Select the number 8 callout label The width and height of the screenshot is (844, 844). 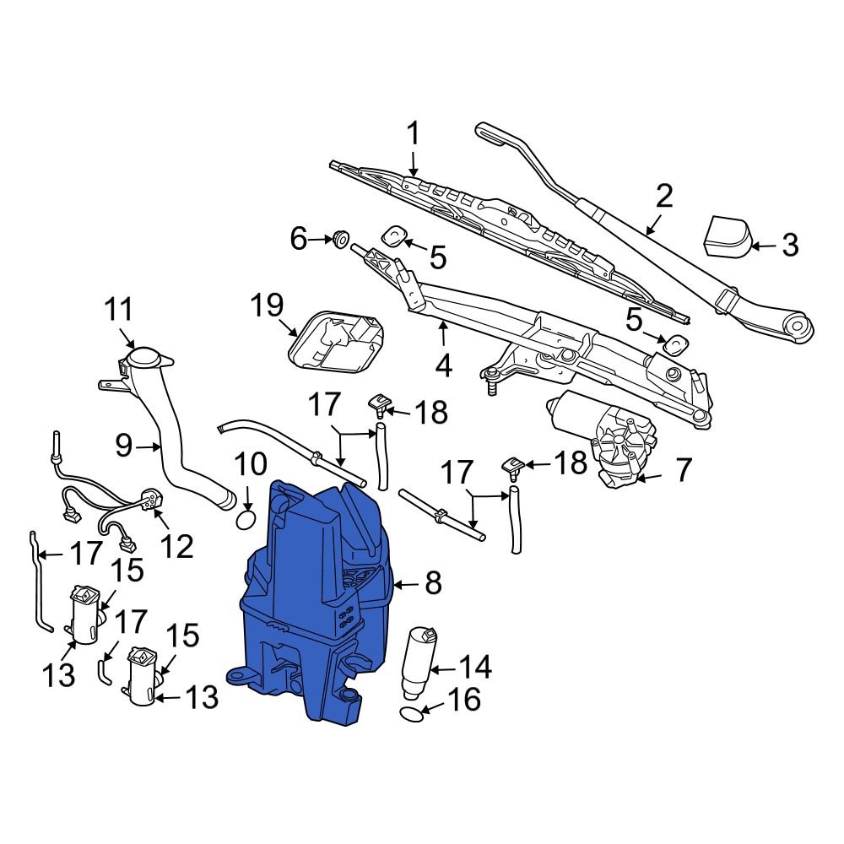tap(432, 583)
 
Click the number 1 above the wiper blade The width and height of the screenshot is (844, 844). tap(414, 133)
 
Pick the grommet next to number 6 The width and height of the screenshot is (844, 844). tap(342, 240)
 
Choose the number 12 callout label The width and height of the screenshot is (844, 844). tap(177, 547)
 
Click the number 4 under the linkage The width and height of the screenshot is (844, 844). tap(444, 367)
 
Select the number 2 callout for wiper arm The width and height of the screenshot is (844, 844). tap(664, 197)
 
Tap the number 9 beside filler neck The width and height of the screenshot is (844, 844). tap(124, 445)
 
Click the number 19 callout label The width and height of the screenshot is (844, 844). tap(268, 306)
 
